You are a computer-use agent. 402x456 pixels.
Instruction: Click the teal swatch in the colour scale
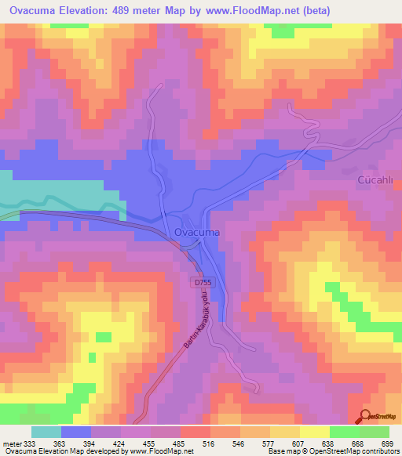[46, 432]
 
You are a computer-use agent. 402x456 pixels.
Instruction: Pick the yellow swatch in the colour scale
[314, 432]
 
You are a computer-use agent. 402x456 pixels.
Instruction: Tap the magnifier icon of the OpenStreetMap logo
[366, 417]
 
